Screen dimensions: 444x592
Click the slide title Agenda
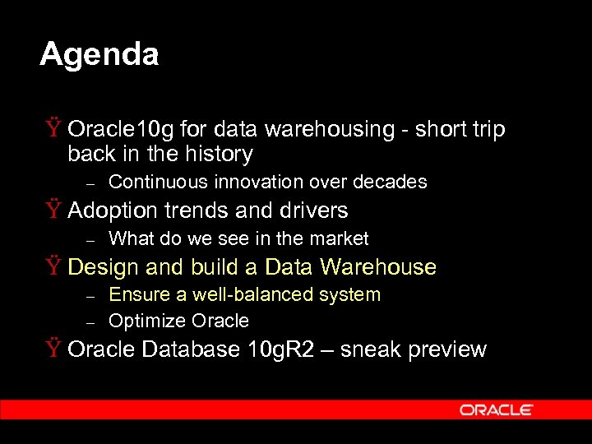point(99,55)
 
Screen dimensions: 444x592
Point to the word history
point(220,154)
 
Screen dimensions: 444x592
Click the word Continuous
point(155,182)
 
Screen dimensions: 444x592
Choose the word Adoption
point(113,210)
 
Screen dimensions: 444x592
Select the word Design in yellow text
point(104,267)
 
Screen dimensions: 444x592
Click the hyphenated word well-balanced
point(233,294)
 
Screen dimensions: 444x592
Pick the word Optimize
point(146,320)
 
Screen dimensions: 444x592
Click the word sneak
point(370,349)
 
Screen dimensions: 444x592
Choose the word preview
point(447,349)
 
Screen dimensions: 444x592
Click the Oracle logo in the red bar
point(496,409)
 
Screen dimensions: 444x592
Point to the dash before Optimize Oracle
point(92,321)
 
